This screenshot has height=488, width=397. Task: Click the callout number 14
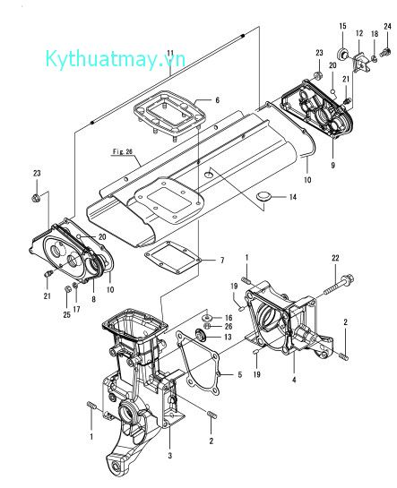point(289,197)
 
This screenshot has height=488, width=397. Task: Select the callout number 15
point(342,25)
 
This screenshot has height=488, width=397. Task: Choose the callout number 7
point(221,261)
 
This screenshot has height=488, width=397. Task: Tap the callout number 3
point(170,456)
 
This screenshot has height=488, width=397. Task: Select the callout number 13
point(228,338)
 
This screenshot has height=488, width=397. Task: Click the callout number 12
point(358,33)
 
